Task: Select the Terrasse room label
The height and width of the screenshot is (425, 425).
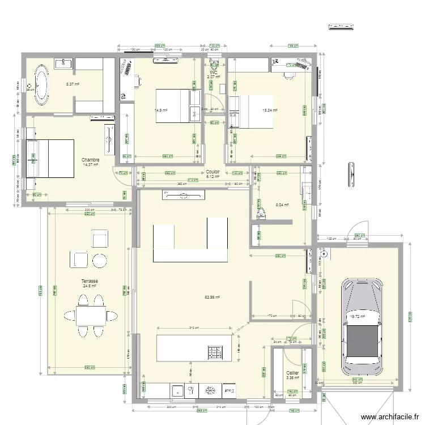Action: point(90,281)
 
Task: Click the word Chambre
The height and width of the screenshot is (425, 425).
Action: point(90,160)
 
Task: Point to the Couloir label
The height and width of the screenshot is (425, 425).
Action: point(213,172)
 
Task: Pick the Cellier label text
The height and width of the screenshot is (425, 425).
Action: point(292,373)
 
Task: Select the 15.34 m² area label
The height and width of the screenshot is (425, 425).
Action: point(270,110)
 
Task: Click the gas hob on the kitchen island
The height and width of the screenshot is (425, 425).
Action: point(215,353)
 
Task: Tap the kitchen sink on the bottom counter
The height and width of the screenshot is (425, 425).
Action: point(178,390)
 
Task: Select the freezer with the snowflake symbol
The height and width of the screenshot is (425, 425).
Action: point(209,390)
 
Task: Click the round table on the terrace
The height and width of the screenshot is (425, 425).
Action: point(100,261)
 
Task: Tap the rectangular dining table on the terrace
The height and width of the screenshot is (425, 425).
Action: point(91,315)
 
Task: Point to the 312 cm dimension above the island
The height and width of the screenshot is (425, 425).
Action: point(194,328)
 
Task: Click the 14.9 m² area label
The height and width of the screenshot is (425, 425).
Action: point(161,110)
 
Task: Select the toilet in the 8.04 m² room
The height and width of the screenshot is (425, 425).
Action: point(261,215)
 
